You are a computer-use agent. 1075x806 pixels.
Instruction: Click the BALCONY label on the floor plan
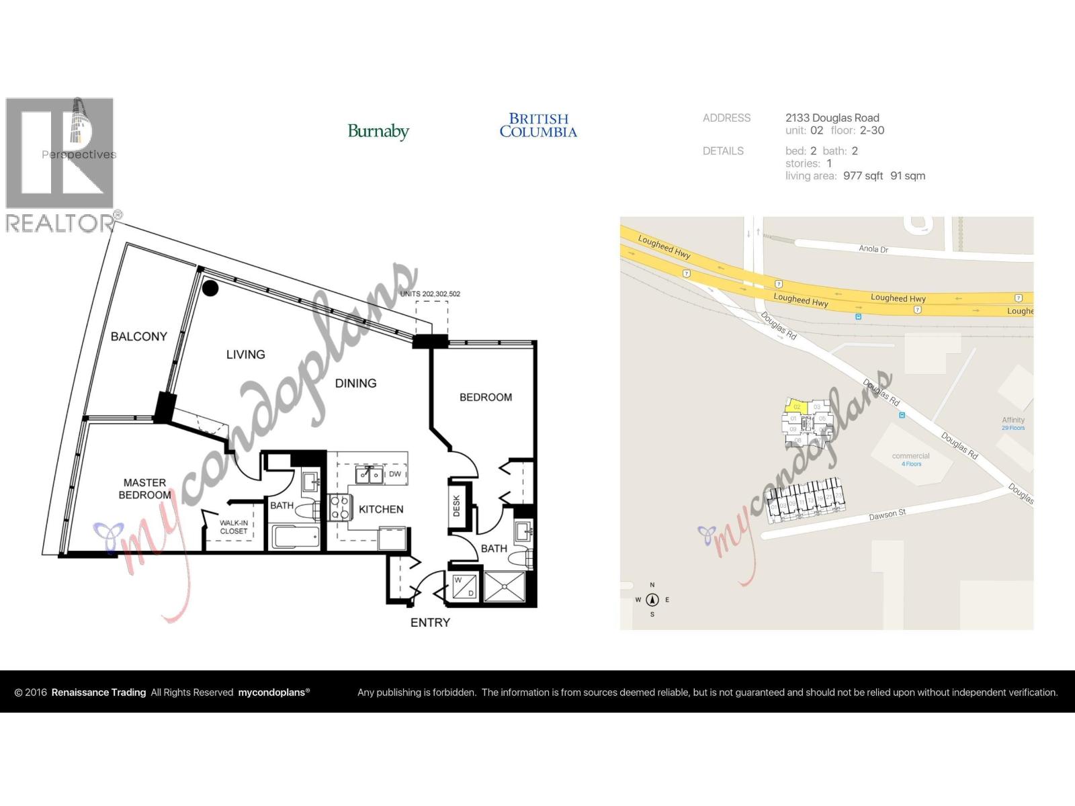click(x=138, y=337)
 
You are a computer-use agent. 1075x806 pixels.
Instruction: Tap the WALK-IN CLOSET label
click(x=234, y=527)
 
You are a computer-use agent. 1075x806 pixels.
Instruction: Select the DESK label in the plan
click(x=456, y=505)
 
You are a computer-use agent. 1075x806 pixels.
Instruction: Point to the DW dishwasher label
click(x=395, y=474)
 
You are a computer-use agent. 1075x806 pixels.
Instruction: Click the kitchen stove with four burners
click(x=340, y=507)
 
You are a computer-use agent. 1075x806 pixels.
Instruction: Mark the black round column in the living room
click(x=210, y=288)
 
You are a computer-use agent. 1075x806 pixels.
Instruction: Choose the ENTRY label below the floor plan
click(x=430, y=623)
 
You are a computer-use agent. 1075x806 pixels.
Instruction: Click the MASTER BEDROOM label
click(x=144, y=489)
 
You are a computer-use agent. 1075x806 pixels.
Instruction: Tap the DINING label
click(x=355, y=384)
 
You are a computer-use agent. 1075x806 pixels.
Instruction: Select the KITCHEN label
click(x=381, y=510)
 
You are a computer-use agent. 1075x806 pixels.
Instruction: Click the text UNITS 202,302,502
click(x=430, y=294)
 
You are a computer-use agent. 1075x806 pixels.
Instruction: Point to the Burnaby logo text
click(x=378, y=131)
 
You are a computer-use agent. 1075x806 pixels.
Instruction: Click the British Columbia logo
click(x=538, y=126)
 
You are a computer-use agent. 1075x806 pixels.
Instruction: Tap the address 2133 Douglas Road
click(x=832, y=118)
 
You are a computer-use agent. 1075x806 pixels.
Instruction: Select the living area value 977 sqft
click(x=863, y=176)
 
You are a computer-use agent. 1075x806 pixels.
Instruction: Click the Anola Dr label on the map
click(x=873, y=249)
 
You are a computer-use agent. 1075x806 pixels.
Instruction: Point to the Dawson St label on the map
click(x=887, y=515)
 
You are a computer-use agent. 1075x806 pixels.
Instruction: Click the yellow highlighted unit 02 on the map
click(x=797, y=406)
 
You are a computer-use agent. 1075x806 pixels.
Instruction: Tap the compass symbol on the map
click(x=652, y=600)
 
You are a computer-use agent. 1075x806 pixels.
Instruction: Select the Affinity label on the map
click(x=1013, y=420)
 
